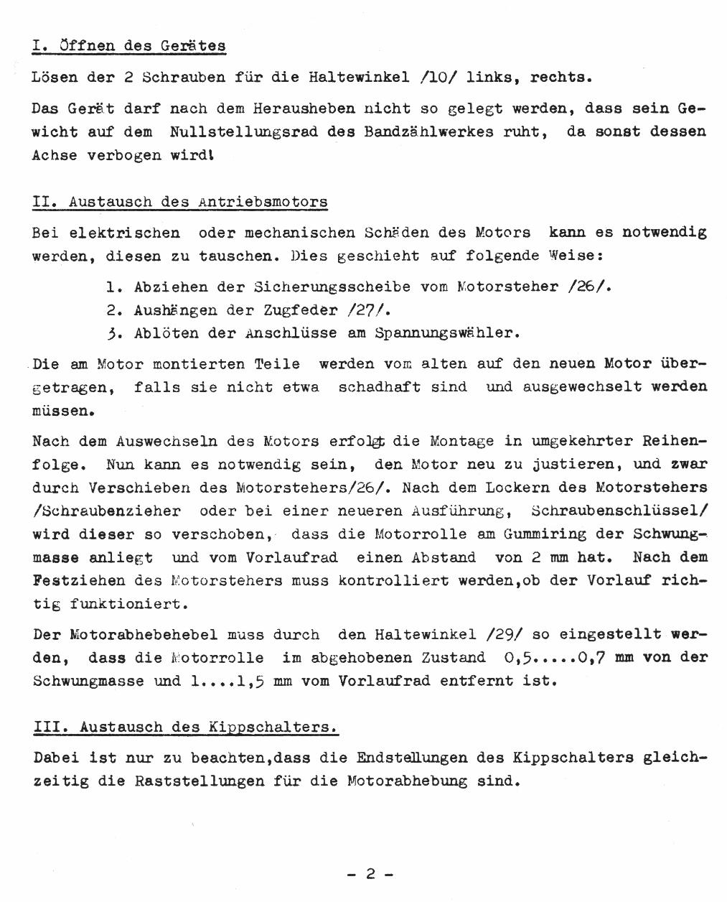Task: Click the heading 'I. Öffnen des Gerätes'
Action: click(x=129, y=46)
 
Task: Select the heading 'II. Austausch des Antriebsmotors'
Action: click(x=180, y=202)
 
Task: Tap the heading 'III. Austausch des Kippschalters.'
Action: click(x=185, y=727)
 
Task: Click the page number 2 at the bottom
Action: click(x=370, y=874)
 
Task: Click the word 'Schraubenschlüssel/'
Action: click(x=619, y=511)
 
